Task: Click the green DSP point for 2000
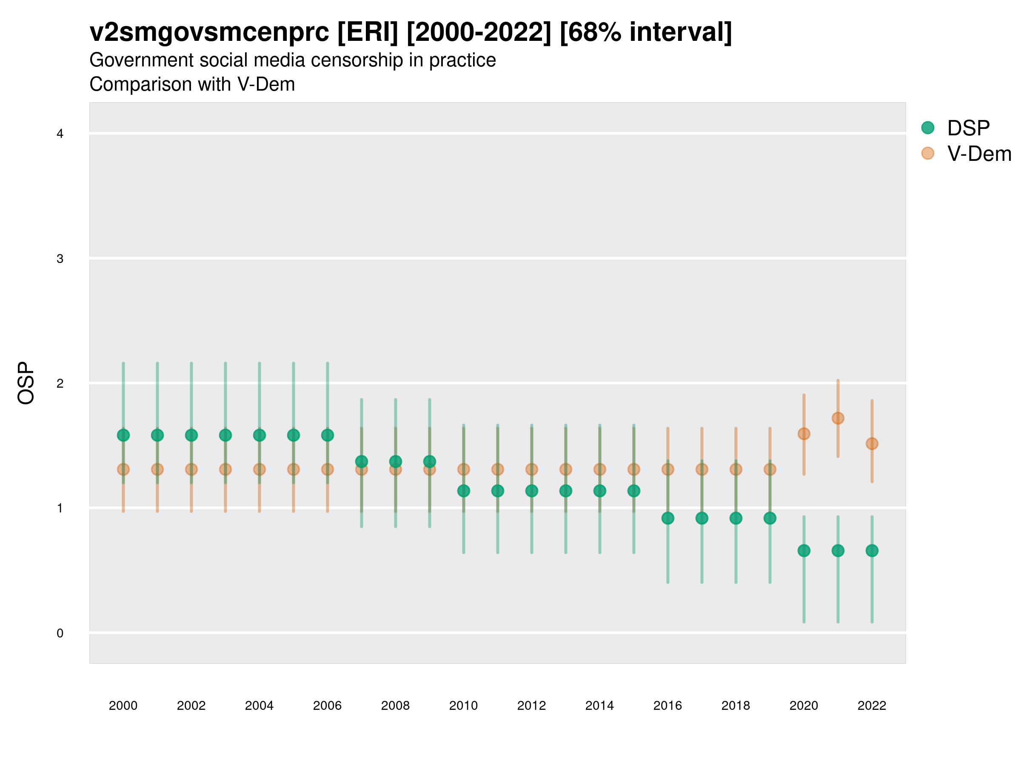123,435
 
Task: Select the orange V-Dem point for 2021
838,418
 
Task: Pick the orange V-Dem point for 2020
804,434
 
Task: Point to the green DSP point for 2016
668,518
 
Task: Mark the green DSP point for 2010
463,491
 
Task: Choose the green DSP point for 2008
396,462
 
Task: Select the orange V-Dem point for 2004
260,469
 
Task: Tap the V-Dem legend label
978,154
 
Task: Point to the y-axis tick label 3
60,259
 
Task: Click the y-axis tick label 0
60,634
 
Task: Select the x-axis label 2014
599,706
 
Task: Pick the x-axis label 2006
327,706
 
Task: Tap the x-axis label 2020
804,706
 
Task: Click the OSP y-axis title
26,383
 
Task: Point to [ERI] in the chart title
368,32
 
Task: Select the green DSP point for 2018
736,518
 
